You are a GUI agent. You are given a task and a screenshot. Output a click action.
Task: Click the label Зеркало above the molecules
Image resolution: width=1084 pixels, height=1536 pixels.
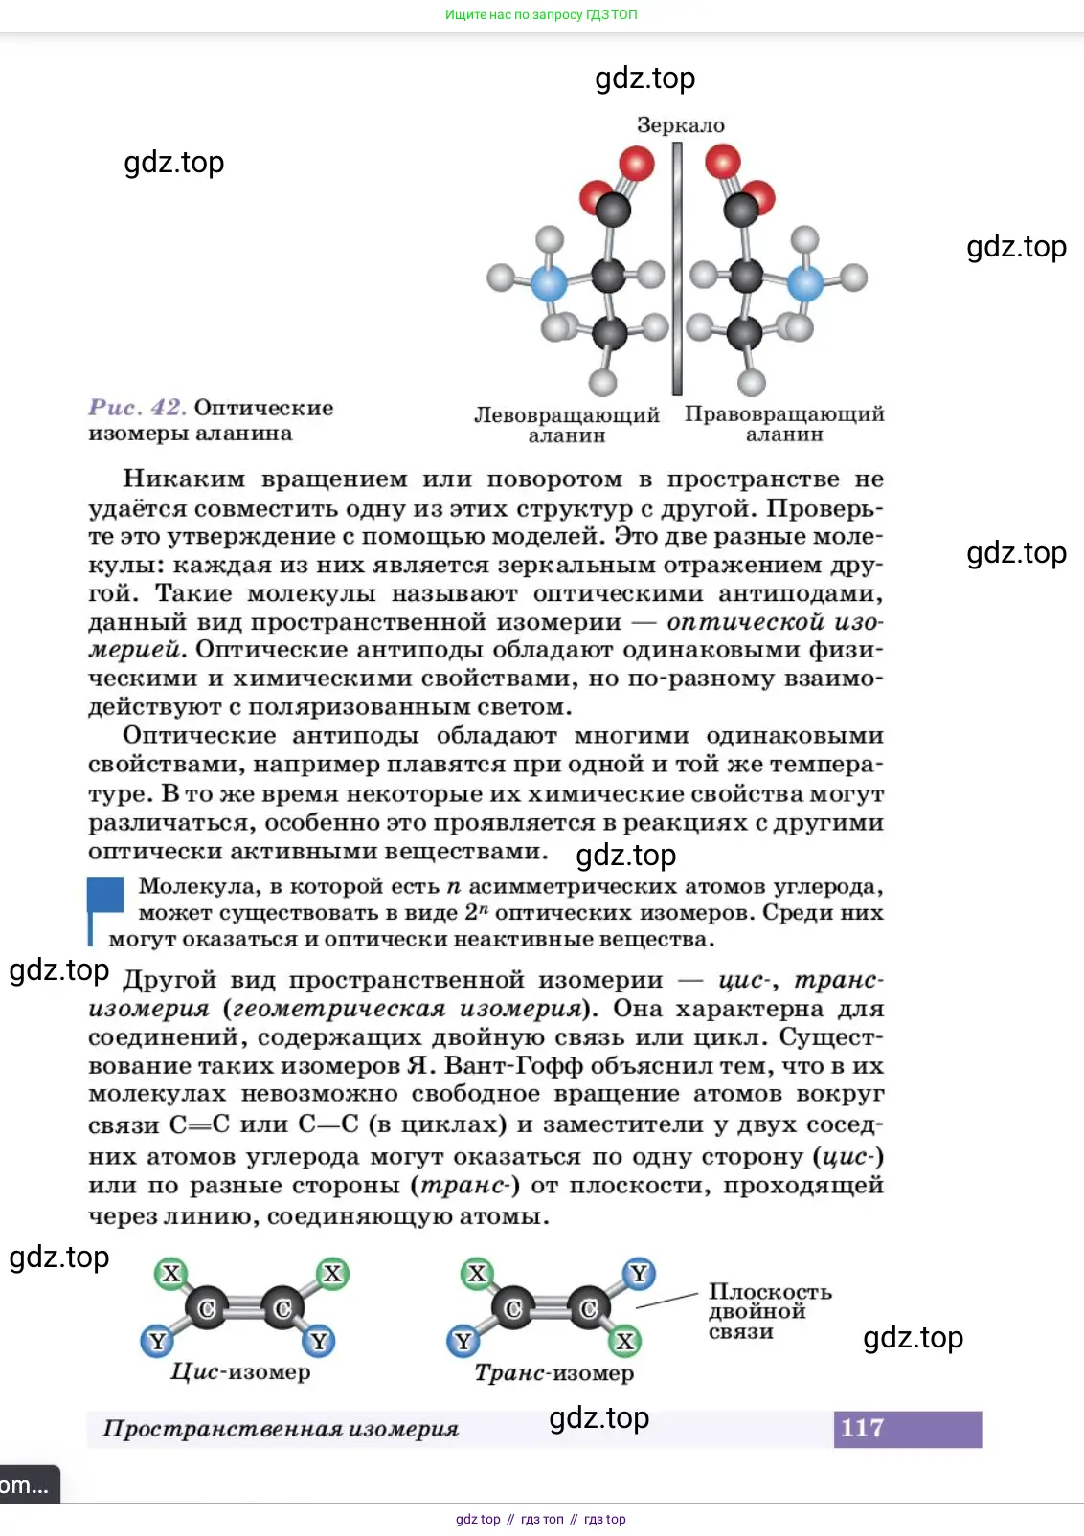[680, 125]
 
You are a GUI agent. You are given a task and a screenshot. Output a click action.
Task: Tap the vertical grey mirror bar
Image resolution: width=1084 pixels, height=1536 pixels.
[677, 268]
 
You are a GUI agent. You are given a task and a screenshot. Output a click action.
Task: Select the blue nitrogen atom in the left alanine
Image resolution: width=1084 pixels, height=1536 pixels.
[549, 283]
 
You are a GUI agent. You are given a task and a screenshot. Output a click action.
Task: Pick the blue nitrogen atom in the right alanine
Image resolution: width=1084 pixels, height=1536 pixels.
[804, 282]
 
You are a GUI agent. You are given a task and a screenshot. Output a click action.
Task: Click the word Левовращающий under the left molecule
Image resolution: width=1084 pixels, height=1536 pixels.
[566, 415]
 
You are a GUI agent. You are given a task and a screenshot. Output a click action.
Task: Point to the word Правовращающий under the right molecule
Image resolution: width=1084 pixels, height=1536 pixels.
[783, 414]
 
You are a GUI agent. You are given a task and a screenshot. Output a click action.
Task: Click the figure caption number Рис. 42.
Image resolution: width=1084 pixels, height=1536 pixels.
[137, 408]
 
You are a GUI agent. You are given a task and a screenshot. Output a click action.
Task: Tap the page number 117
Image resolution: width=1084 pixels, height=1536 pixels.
[863, 1428]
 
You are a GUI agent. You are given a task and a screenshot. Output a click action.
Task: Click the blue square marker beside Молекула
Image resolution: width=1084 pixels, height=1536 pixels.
[106, 895]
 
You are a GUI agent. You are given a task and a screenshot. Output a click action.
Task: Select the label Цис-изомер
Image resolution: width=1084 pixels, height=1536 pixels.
[240, 1372]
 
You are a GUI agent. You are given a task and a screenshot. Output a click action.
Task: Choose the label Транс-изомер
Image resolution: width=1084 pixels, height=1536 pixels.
[553, 1373]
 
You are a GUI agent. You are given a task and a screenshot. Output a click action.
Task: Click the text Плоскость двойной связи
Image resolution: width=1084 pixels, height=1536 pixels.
[769, 1311]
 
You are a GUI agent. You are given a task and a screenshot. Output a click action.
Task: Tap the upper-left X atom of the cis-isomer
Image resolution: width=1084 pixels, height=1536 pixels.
[171, 1274]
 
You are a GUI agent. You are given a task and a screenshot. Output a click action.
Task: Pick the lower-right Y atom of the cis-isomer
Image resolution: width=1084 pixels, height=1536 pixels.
[319, 1341]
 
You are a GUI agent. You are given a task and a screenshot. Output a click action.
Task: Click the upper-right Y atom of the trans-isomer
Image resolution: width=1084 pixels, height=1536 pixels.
[639, 1274]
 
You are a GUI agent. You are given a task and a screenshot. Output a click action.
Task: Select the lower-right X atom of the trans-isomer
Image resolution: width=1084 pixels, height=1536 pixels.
[625, 1341]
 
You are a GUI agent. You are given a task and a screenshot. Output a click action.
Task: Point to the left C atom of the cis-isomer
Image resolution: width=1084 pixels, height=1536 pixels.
[207, 1308]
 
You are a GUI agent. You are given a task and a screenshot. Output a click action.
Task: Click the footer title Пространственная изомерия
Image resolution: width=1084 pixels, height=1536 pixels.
[281, 1429]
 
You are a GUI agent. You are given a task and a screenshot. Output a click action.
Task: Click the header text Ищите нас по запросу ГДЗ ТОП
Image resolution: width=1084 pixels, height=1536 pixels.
[541, 14]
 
